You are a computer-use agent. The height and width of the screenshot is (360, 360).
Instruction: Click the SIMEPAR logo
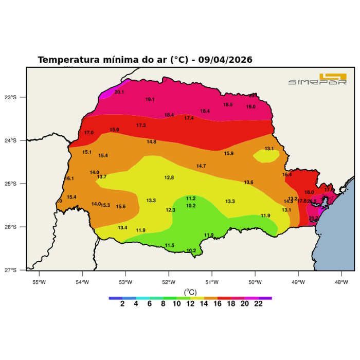pos(317,79)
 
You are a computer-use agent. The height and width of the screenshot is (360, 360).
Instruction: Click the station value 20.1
pos(119,92)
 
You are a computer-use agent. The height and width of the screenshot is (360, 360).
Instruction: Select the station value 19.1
pos(150,99)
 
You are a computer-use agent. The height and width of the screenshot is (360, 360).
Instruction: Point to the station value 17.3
pos(141,125)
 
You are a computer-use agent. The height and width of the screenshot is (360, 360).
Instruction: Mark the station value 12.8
pos(169,177)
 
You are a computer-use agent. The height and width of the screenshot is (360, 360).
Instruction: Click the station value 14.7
pos(201,166)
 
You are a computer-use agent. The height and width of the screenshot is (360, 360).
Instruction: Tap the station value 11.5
pos(170,245)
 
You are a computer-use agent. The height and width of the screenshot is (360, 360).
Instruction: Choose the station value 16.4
pos(287,175)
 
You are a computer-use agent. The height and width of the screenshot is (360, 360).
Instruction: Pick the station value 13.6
pos(249,183)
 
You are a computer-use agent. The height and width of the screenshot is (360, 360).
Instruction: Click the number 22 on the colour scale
pos(258,304)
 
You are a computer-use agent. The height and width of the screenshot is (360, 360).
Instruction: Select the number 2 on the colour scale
pos(122,304)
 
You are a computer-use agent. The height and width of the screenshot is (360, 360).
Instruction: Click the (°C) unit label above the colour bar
pos(190,292)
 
